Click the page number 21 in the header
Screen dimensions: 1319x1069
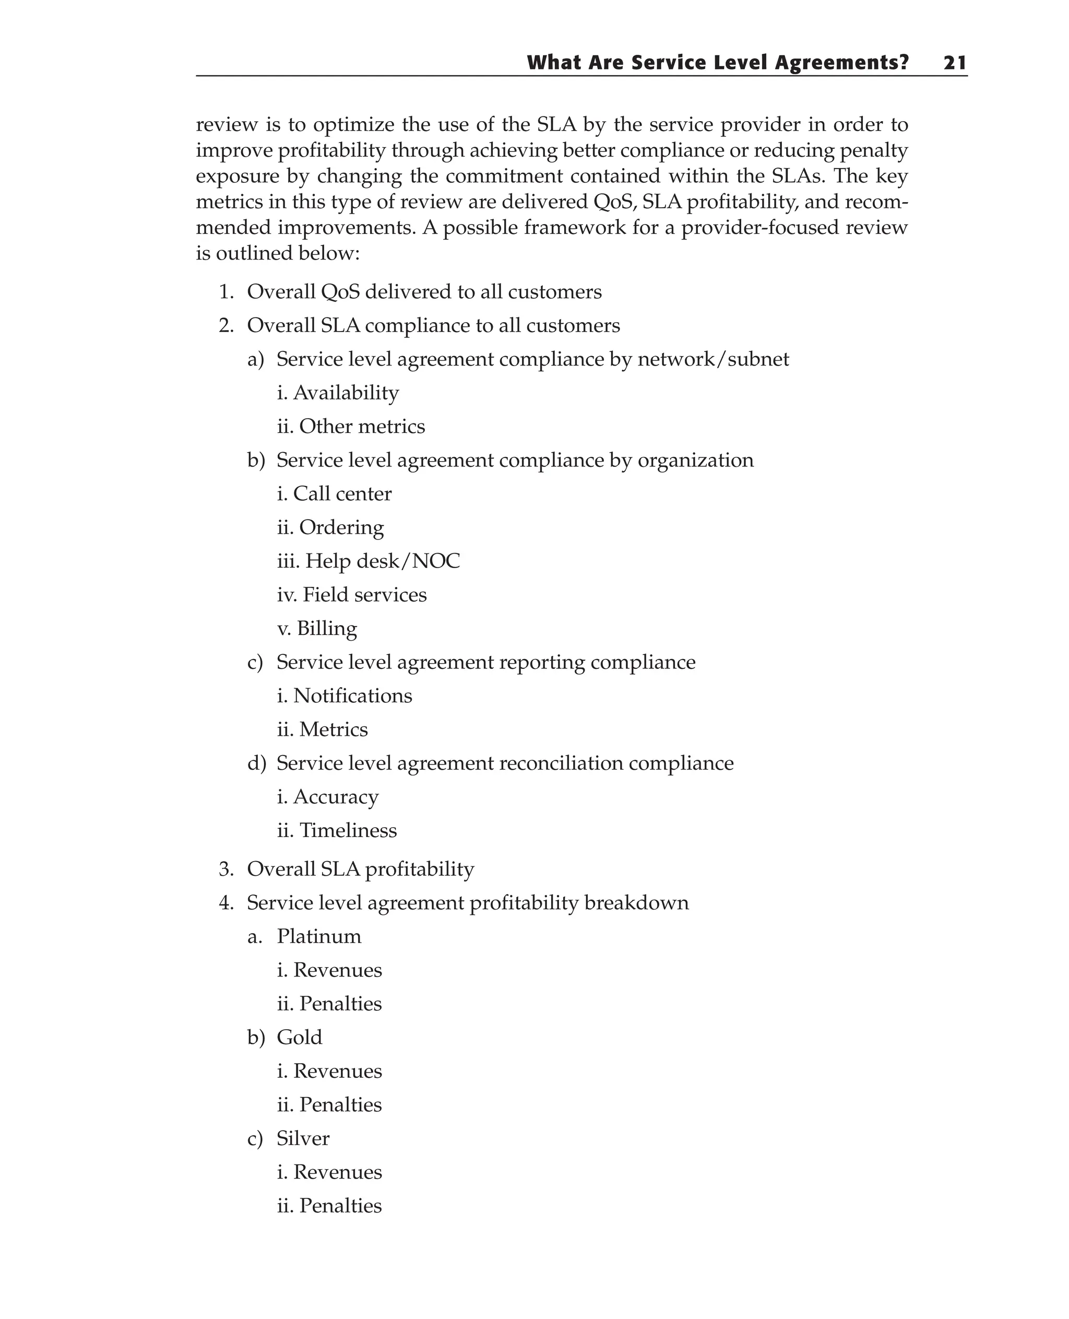(x=955, y=63)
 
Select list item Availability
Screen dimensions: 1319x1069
(x=346, y=393)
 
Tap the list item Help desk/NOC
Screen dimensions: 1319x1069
(x=382, y=561)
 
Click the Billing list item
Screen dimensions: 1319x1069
(x=326, y=628)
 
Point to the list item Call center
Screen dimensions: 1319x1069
(x=342, y=493)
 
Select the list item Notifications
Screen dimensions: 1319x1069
(x=352, y=696)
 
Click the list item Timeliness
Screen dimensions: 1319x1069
(x=347, y=830)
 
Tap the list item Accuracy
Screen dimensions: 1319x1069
(x=336, y=797)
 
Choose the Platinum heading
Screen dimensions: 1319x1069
(x=319, y=936)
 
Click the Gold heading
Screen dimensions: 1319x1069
(x=299, y=1038)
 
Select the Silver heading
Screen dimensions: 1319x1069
(x=303, y=1138)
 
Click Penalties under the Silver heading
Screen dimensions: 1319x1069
(x=340, y=1206)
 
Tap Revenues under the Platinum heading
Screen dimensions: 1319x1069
(x=337, y=970)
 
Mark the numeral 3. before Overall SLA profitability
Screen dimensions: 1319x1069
(x=226, y=869)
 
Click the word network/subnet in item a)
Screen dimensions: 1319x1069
(x=713, y=359)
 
